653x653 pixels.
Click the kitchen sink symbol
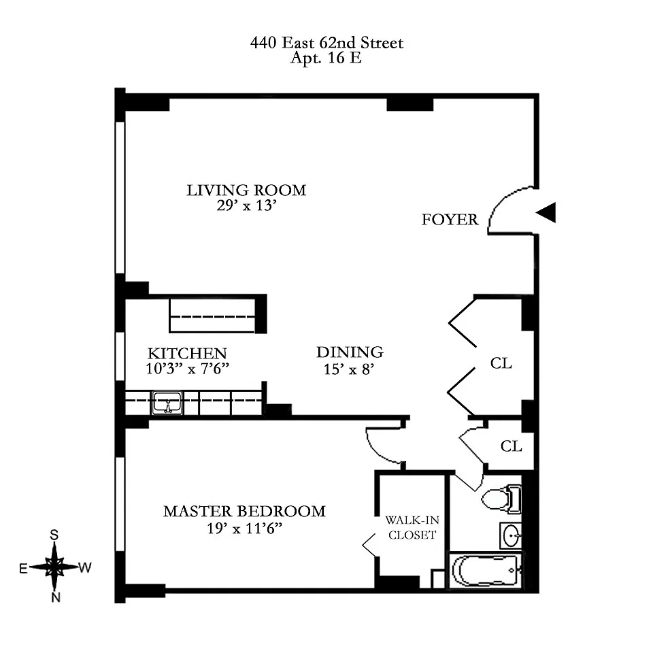[x=167, y=403]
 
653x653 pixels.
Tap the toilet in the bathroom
[x=501, y=498]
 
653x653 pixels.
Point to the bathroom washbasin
[x=511, y=535]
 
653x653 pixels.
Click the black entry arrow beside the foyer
[x=546, y=212]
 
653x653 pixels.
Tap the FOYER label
[x=450, y=220]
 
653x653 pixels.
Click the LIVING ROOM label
[x=246, y=190]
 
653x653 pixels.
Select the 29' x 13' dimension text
[x=246, y=205]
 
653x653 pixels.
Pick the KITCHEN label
[x=188, y=354]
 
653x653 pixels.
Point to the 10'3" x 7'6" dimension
[x=188, y=369]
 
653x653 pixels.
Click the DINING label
[x=350, y=352]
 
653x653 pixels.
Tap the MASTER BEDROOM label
[x=244, y=512]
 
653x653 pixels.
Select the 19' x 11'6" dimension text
[x=245, y=529]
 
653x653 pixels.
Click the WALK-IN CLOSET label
[x=412, y=527]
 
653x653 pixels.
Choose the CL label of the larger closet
[x=501, y=363]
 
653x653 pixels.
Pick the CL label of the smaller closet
[x=511, y=446]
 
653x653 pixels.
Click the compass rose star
[x=54, y=567]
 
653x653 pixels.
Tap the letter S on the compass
[x=54, y=535]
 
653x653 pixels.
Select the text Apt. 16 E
[x=326, y=57]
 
